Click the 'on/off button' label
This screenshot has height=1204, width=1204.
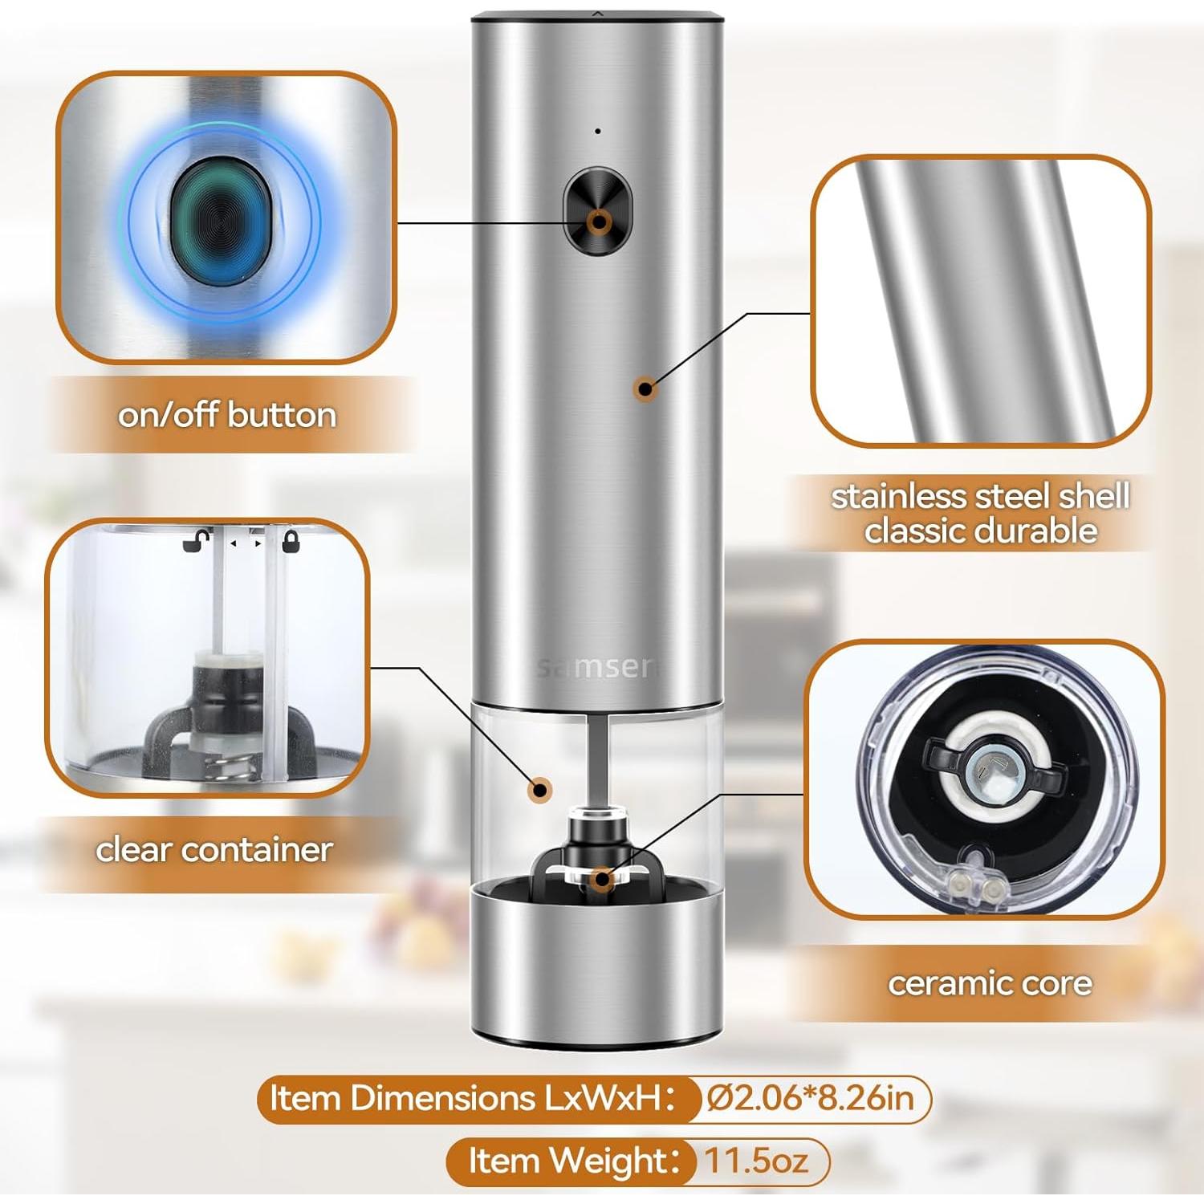click(227, 415)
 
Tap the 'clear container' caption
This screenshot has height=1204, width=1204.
click(214, 849)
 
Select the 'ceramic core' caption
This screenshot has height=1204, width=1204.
click(990, 983)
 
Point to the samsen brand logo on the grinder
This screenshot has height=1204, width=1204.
click(596, 667)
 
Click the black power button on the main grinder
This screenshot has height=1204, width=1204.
click(598, 210)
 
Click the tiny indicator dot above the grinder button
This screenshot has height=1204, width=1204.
click(598, 131)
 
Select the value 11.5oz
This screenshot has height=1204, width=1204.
click(756, 1161)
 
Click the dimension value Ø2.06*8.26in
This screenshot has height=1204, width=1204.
click(811, 1098)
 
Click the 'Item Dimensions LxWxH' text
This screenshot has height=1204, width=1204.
click(470, 1098)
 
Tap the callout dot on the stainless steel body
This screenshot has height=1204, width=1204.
click(645, 389)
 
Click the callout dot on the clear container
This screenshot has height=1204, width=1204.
click(541, 790)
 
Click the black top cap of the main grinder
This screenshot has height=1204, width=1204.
click(597, 15)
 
